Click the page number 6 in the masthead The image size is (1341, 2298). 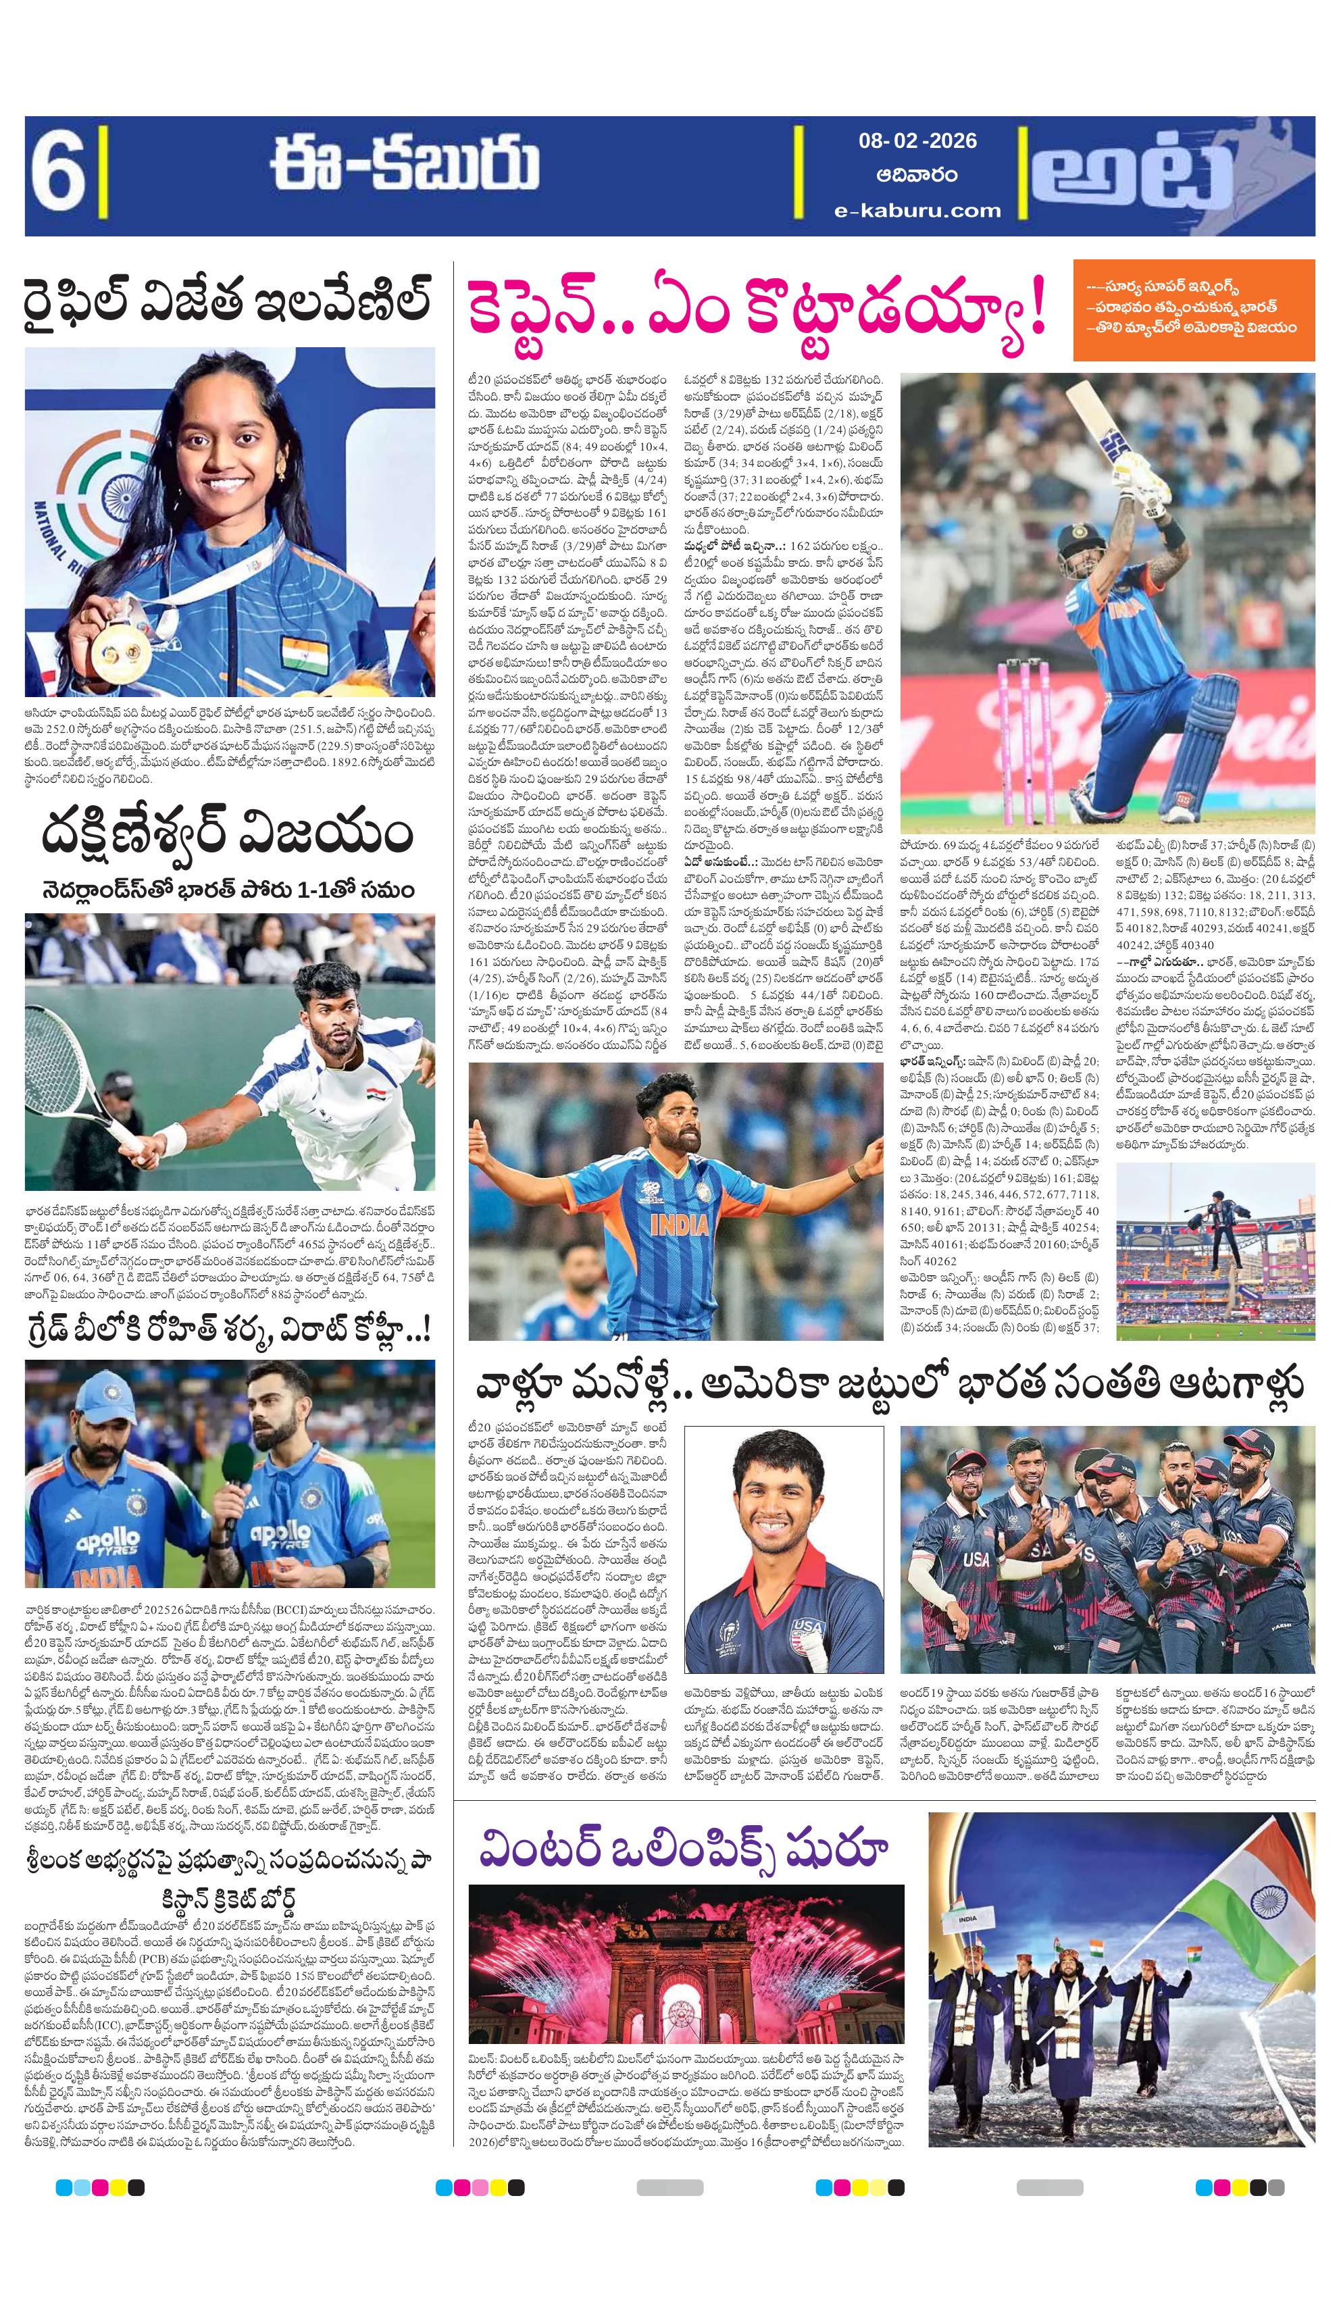57,174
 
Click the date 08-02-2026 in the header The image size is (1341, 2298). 917,141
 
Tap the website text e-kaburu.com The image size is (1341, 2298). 917,209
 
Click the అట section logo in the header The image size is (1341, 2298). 1145,174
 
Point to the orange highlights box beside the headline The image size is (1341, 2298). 1193,310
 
